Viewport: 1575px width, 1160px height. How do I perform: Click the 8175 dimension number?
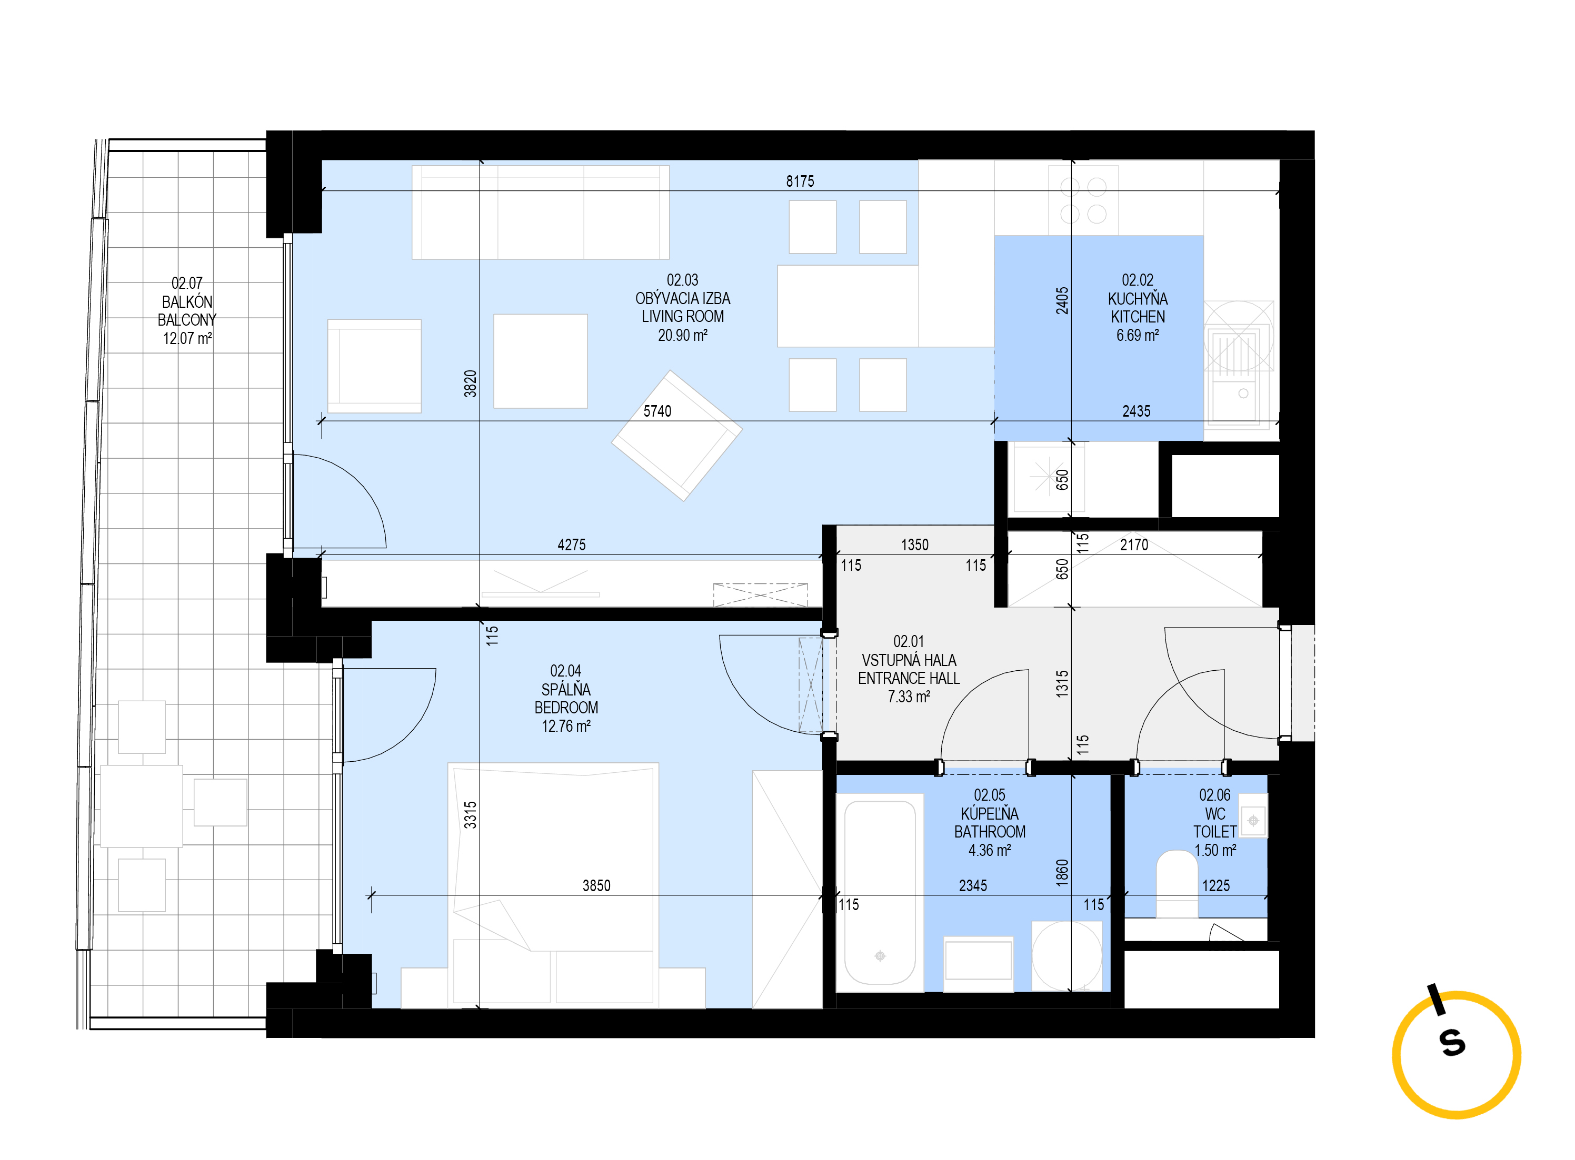point(800,181)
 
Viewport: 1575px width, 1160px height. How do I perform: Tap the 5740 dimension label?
point(657,411)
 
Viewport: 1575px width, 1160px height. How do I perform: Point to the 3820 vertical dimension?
point(470,384)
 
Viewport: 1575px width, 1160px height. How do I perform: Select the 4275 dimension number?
point(571,544)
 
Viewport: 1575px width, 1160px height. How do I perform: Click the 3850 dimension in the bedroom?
point(596,885)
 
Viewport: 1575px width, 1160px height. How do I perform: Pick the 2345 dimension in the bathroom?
point(972,885)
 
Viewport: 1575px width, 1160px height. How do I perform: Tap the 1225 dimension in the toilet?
point(1215,885)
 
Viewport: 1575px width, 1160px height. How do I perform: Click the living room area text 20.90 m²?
point(682,336)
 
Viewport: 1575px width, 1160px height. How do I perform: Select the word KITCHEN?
point(1138,317)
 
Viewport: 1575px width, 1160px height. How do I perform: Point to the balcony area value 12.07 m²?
point(187,338)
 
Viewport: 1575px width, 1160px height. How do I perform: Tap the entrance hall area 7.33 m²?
point(909,697)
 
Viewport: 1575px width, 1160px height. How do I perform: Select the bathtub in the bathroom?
point(880,892)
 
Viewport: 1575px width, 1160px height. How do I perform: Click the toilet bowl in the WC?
point(1177,884)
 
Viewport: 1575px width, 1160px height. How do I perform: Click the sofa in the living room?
point(540,212)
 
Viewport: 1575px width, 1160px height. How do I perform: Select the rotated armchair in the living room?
point(676,436)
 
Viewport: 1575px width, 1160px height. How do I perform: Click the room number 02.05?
point(989,795)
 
